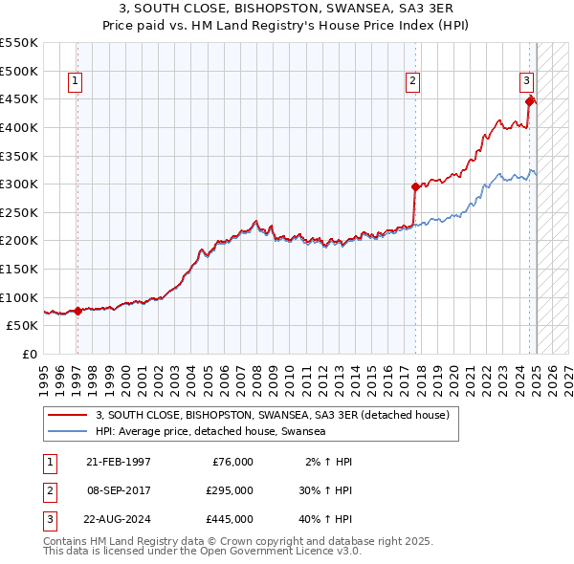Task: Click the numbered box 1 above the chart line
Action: (75, 81)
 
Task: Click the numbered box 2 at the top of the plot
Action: (412, 81)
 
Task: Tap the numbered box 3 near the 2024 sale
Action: (526, 81)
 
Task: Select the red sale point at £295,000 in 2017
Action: (415, 187)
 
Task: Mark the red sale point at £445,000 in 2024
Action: (529, 99)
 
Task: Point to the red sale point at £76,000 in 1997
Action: (77, 311)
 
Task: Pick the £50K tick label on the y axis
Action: (23, 325)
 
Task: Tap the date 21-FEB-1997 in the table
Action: (119, 461)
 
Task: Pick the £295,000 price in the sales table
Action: (231, 490)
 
